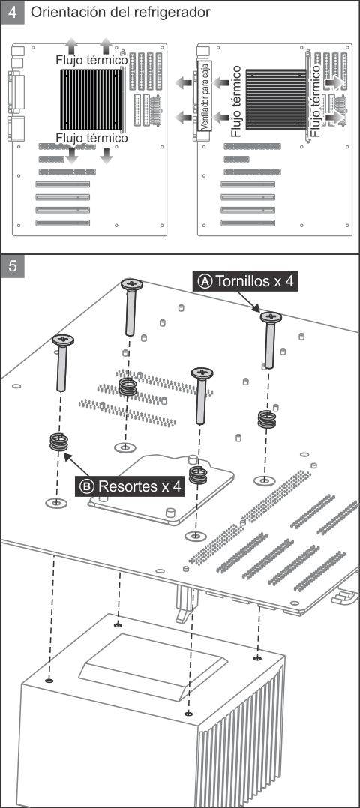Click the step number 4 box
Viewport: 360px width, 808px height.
coord(13,12)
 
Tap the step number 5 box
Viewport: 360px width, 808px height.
coord(13,266)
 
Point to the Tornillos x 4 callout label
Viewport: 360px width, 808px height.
coord(245,281)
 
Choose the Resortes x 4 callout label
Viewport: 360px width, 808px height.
coord(130,486)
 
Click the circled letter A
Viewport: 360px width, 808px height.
coord(205,281)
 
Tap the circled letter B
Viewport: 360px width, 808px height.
coord(87,486)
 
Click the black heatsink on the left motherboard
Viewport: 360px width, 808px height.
coord(91,100)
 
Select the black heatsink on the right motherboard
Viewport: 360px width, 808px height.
coord(276,100)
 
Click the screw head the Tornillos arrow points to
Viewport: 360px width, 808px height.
coord(271,317)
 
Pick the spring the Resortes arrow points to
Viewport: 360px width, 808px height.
coord(58,442)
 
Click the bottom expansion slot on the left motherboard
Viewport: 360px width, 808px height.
coord(62,223)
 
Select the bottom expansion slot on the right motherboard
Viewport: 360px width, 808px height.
coord(247,223)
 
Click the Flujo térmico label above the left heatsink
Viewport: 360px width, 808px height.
coord(91,60)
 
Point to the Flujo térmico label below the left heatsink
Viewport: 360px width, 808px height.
coord(91,138)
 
